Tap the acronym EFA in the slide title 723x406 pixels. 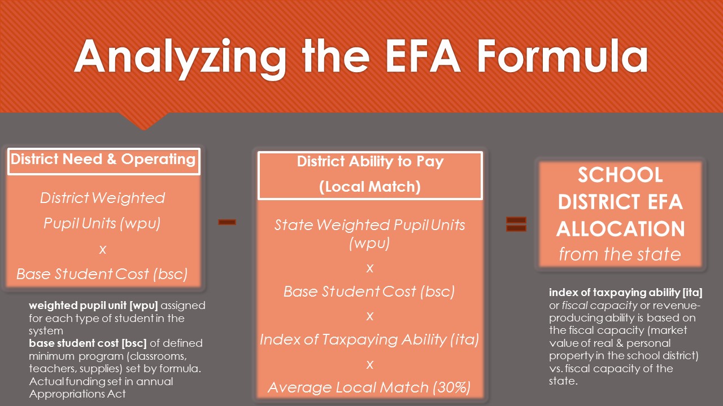click(423, 56)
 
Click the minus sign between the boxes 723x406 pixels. click(227, 222)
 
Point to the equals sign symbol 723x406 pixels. click(516, 224)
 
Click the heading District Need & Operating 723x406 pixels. click(103, 159)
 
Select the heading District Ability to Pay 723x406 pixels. click(370, 161)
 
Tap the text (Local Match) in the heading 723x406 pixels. click(370, 187)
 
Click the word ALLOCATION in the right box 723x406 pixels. click(620, 229)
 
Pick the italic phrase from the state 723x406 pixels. click(620, 254)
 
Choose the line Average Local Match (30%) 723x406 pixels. click(369, 387)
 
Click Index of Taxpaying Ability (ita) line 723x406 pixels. click(369, 339)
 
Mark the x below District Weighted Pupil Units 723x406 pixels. click(103, 249)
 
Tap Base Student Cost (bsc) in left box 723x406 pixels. click(102, 274)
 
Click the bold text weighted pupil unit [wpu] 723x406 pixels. click(93, 306)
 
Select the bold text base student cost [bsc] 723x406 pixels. click(88, 343)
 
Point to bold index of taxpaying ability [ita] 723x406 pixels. click(625, 293)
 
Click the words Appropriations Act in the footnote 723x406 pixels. click(77, 394)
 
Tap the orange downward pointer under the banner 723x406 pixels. click(144, 121)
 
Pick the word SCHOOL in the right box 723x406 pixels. click(620, 175)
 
